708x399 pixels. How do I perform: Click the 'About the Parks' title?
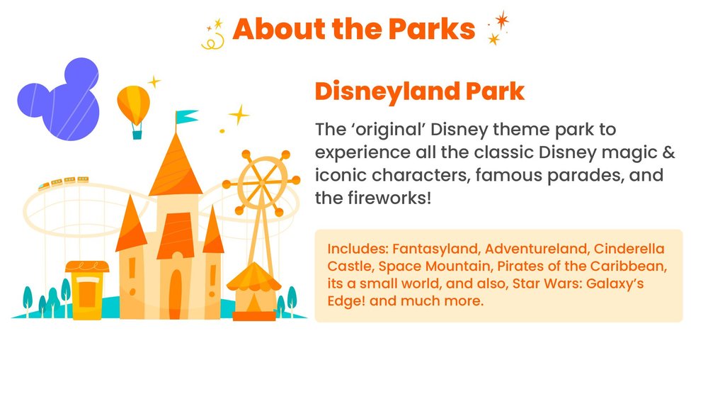coord(353,29)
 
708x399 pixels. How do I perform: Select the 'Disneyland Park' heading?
coord(419,92)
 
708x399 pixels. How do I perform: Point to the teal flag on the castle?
coord(187,116)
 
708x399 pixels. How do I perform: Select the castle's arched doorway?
coord(175,293)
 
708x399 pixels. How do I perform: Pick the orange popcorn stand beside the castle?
coord(87,288)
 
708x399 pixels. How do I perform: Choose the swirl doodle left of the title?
coord(211,38)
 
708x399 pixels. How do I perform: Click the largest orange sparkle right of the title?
coord(502,21)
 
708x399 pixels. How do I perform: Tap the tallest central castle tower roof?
coord(175,167)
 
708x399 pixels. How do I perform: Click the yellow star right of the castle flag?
coord(239,115)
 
